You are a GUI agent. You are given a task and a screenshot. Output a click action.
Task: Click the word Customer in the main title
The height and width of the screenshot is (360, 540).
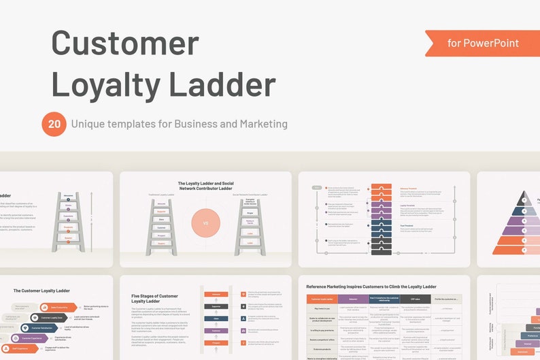[x=125, y=43]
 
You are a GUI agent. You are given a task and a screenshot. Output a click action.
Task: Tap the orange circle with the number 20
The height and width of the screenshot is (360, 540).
[x=53, y=124]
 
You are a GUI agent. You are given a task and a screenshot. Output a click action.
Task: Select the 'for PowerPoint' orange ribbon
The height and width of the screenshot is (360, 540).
[x=483, y=43]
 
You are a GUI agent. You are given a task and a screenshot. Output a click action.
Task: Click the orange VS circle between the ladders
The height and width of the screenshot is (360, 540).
[x=205, y=223]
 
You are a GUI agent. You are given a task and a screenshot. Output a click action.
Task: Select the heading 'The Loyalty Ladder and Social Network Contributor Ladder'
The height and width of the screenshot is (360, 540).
[x=205, y=186]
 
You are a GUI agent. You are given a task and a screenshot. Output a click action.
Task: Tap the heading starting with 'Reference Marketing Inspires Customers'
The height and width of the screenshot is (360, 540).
[x=371, y=287]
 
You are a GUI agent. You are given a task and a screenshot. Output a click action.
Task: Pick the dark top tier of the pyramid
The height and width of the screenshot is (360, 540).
[x=524, y=198]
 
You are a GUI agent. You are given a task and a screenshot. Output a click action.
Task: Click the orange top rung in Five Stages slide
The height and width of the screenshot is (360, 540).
[x=216, y=294]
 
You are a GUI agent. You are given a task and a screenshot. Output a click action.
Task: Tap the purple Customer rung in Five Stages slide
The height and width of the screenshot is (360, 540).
[x=216, y=330]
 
